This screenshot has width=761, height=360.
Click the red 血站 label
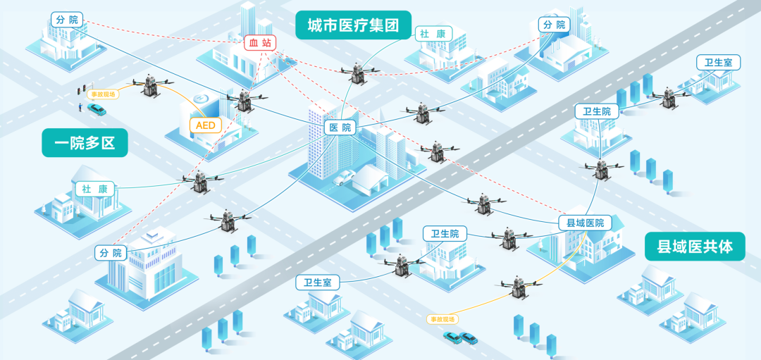coord(260,43)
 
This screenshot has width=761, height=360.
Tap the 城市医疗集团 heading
coord(353,26)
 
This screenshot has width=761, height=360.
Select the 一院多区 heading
coord(85,143)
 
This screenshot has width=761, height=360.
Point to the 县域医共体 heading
coord(695,247)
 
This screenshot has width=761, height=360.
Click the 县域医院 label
coord(585,223)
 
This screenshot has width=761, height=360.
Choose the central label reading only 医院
coord(340,128)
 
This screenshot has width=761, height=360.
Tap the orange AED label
coord(206,125)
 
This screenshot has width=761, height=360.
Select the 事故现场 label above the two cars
coord(443,319)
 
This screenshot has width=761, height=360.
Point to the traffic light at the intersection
coord(79,92)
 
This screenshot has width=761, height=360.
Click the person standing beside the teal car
coord(80,108)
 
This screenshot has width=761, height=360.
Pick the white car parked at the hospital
coord(343,177)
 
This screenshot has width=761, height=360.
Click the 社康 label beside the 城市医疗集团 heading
coord(433,33)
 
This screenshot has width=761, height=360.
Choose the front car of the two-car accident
coord(468,339)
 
